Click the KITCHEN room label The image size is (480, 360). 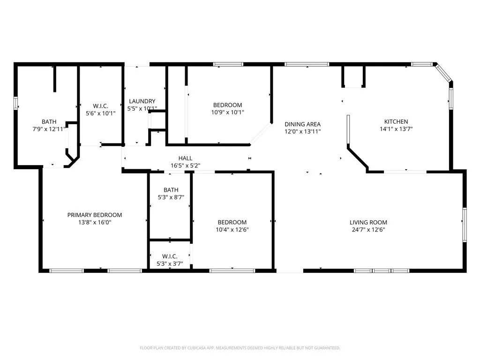pyautogui.click(x=396, y=121)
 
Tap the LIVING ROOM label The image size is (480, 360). pyautogui.click(x=368, y=222)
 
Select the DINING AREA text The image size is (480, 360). pyautogui.click(x=302, y=124)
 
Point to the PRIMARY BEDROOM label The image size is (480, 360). pyautogui.click(x=94, y=215)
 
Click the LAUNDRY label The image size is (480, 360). pyautogui.click(x=142, y=101)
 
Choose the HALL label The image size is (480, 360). pyautogui.click(x=185, y=158)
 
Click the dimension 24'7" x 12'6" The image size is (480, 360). pyautogui.click(x=368, y=230)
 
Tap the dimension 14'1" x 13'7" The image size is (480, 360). pyautogui.click(x=396, y=129)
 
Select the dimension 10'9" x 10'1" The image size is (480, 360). pyautogui.click(x=227, y=112)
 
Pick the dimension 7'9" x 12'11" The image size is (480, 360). pyautogui.click(x=49, y=129)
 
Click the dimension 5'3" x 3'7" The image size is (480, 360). pyautogui.click(x=169, y=264)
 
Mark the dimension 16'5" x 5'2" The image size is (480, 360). pyautogui.click(x=185, y=165)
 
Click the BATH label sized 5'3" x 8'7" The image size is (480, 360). pyautogui.click(x=171, y=190)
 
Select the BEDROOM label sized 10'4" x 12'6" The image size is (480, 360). pyautogui.click(x=232, y=222)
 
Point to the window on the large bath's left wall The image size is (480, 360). pyautogui.click(x=15, y=103)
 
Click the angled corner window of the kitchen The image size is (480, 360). pyautogui.click(x=442, y=73)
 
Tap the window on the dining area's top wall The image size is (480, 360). pyautogui.click(x=307, y=64)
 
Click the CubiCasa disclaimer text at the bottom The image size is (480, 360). pyautogui.click(x=240, y=348)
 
